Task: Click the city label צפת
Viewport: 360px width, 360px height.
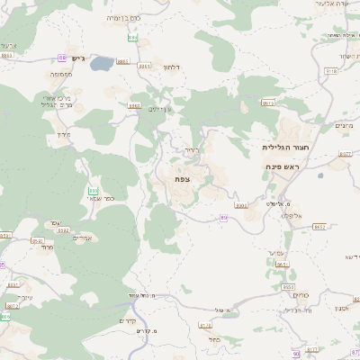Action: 182,179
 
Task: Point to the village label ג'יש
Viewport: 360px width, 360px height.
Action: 77,59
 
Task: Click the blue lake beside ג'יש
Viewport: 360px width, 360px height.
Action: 102,64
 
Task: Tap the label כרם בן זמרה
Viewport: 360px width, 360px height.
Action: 123,17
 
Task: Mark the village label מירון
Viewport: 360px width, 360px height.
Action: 63,135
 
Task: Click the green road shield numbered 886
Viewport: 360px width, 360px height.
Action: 132,38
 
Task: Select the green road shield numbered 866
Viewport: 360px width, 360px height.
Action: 93,190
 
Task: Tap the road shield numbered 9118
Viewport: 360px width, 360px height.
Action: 331,69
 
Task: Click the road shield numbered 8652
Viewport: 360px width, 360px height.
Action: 319,227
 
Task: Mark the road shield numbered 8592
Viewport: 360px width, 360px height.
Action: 63,230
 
